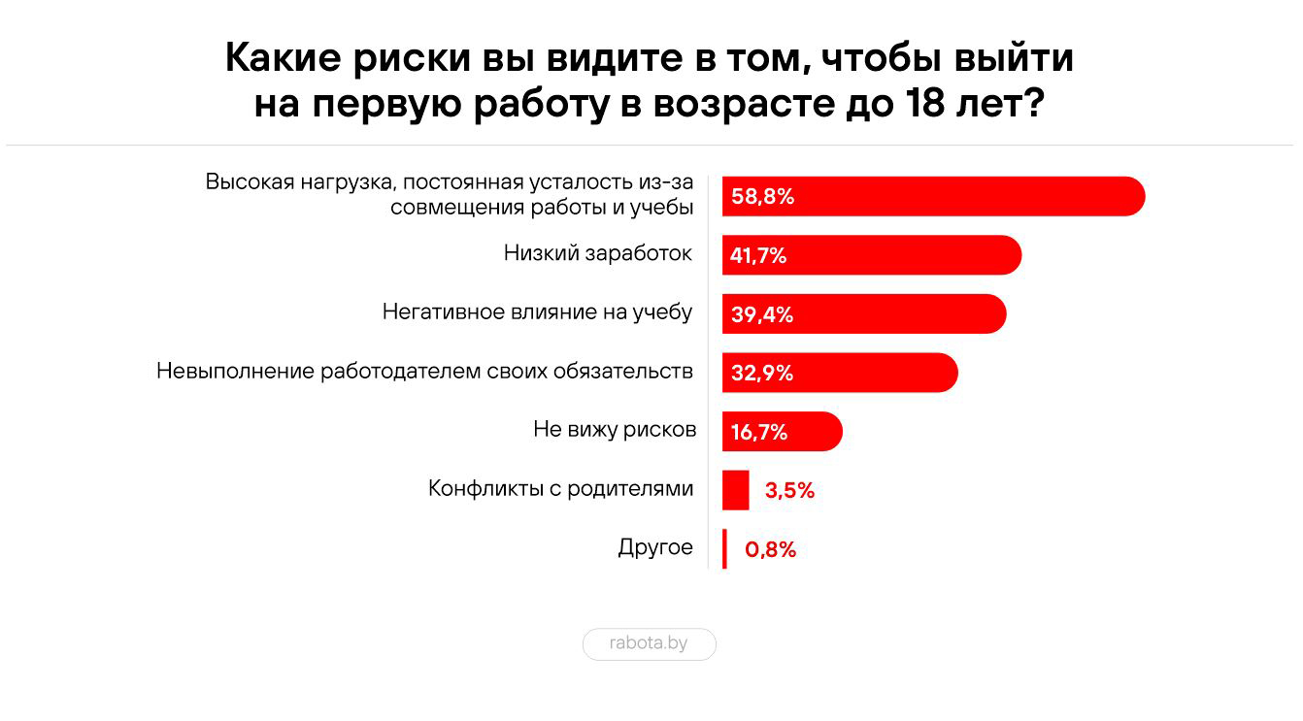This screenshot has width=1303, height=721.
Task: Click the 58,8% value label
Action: (763, 197)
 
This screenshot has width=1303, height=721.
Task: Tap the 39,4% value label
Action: (762, 314)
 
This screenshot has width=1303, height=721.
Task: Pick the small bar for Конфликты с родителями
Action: (735, 490)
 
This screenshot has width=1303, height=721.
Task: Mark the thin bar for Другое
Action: (724, 549)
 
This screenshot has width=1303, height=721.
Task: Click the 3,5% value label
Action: (789, 491)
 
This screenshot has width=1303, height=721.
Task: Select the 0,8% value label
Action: (770, 550)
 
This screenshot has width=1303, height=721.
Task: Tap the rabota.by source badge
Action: (649, 643)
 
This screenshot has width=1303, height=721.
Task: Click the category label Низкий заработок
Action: (597, 254)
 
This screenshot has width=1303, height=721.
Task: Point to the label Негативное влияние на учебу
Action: (537, 312)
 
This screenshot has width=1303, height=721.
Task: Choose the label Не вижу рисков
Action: (614, 430)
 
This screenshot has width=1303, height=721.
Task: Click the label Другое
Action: (655, 547)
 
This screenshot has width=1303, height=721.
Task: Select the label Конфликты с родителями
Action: (560, 488)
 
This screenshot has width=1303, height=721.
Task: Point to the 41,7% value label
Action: (758, 256)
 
